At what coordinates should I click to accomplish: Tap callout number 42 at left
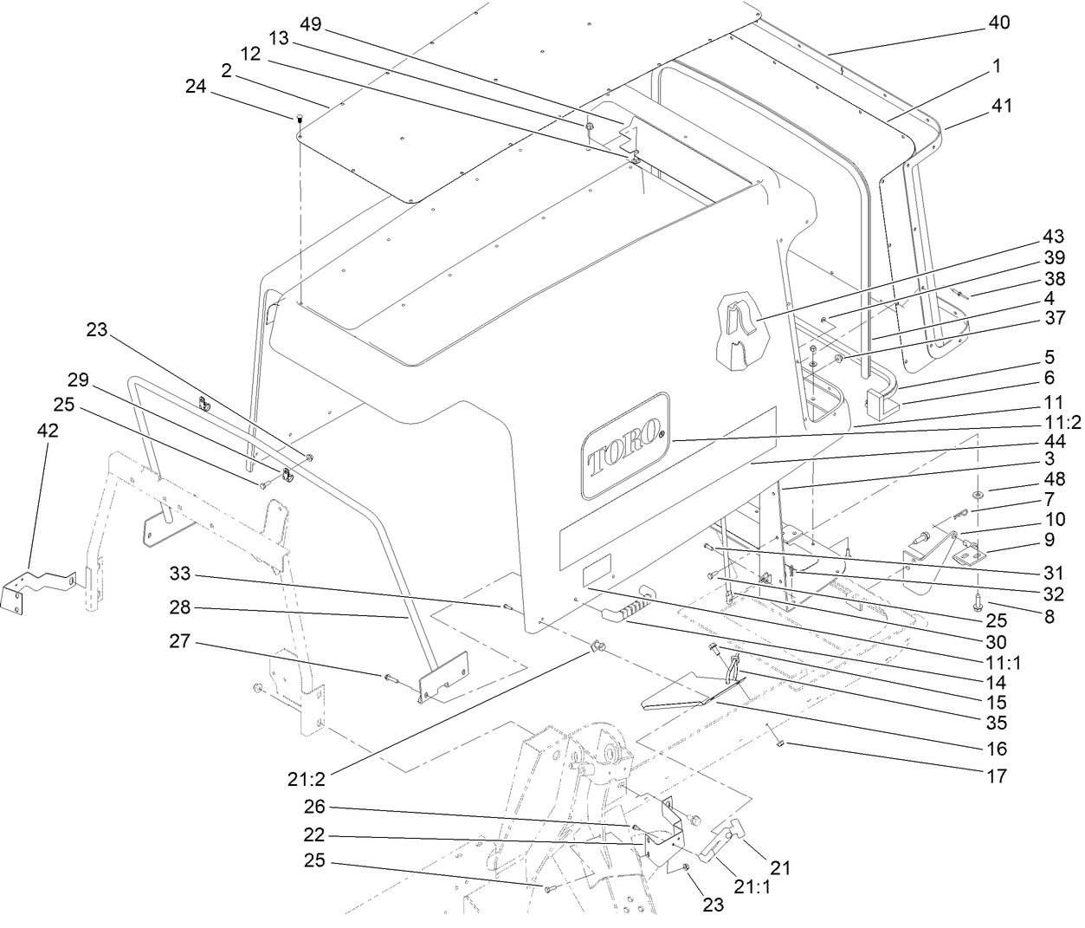pyautogui.click(x=48, y=431)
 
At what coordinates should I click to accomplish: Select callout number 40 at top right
pyautogui.click(x=998, y=24)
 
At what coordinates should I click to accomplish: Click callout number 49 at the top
pyautogui.click(x=310, y=24)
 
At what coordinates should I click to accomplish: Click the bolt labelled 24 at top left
pyautogui.click(x=300, y=119)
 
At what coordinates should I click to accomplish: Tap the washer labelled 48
pyautogui.click(x=977, y=494)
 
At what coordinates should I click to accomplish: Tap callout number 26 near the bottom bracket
pyautogui.click(x=313, y=807)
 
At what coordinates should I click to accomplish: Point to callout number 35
pyautogui.click(x=997, y=723)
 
